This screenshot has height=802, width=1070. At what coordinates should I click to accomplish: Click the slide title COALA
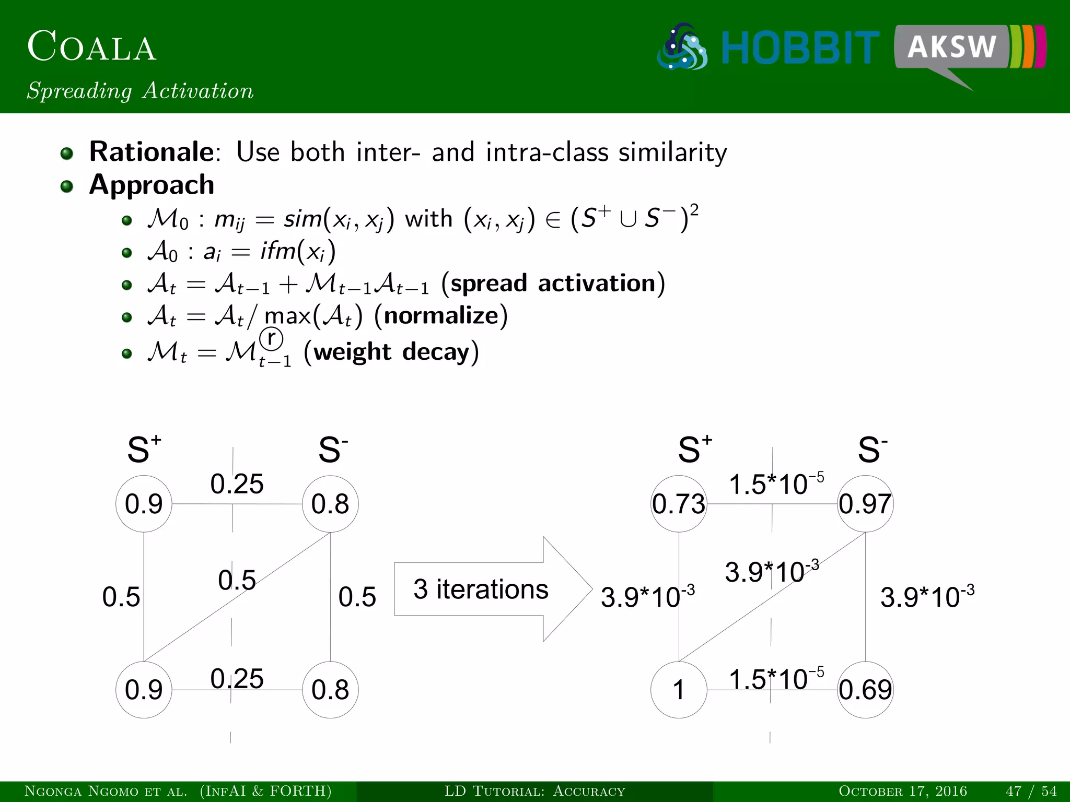coord(92,47)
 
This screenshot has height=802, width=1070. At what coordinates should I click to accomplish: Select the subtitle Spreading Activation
coord(140,91)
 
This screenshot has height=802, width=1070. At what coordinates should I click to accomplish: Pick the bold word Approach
coord(152,185)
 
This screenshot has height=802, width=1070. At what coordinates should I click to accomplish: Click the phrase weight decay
coord(391,352)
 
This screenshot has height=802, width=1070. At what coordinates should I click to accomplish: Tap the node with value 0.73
coord(679,504)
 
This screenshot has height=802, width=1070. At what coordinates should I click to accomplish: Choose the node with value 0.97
coord(865,504)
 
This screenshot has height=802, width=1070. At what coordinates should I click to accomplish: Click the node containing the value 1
coord(679,690)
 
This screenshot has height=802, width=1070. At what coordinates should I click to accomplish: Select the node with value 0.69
coord(865,690)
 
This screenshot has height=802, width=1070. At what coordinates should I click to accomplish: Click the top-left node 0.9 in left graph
coord(144,504)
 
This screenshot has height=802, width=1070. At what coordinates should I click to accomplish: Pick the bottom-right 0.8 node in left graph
coord(330,690)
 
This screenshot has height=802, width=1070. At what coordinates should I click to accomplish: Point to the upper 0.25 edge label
coord(237,484)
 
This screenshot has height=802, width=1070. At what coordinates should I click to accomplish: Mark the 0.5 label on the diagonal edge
coord(237,580)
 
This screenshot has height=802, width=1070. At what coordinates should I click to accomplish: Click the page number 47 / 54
coord(1031,791)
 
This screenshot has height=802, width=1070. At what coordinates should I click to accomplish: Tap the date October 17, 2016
coord(903,791)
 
